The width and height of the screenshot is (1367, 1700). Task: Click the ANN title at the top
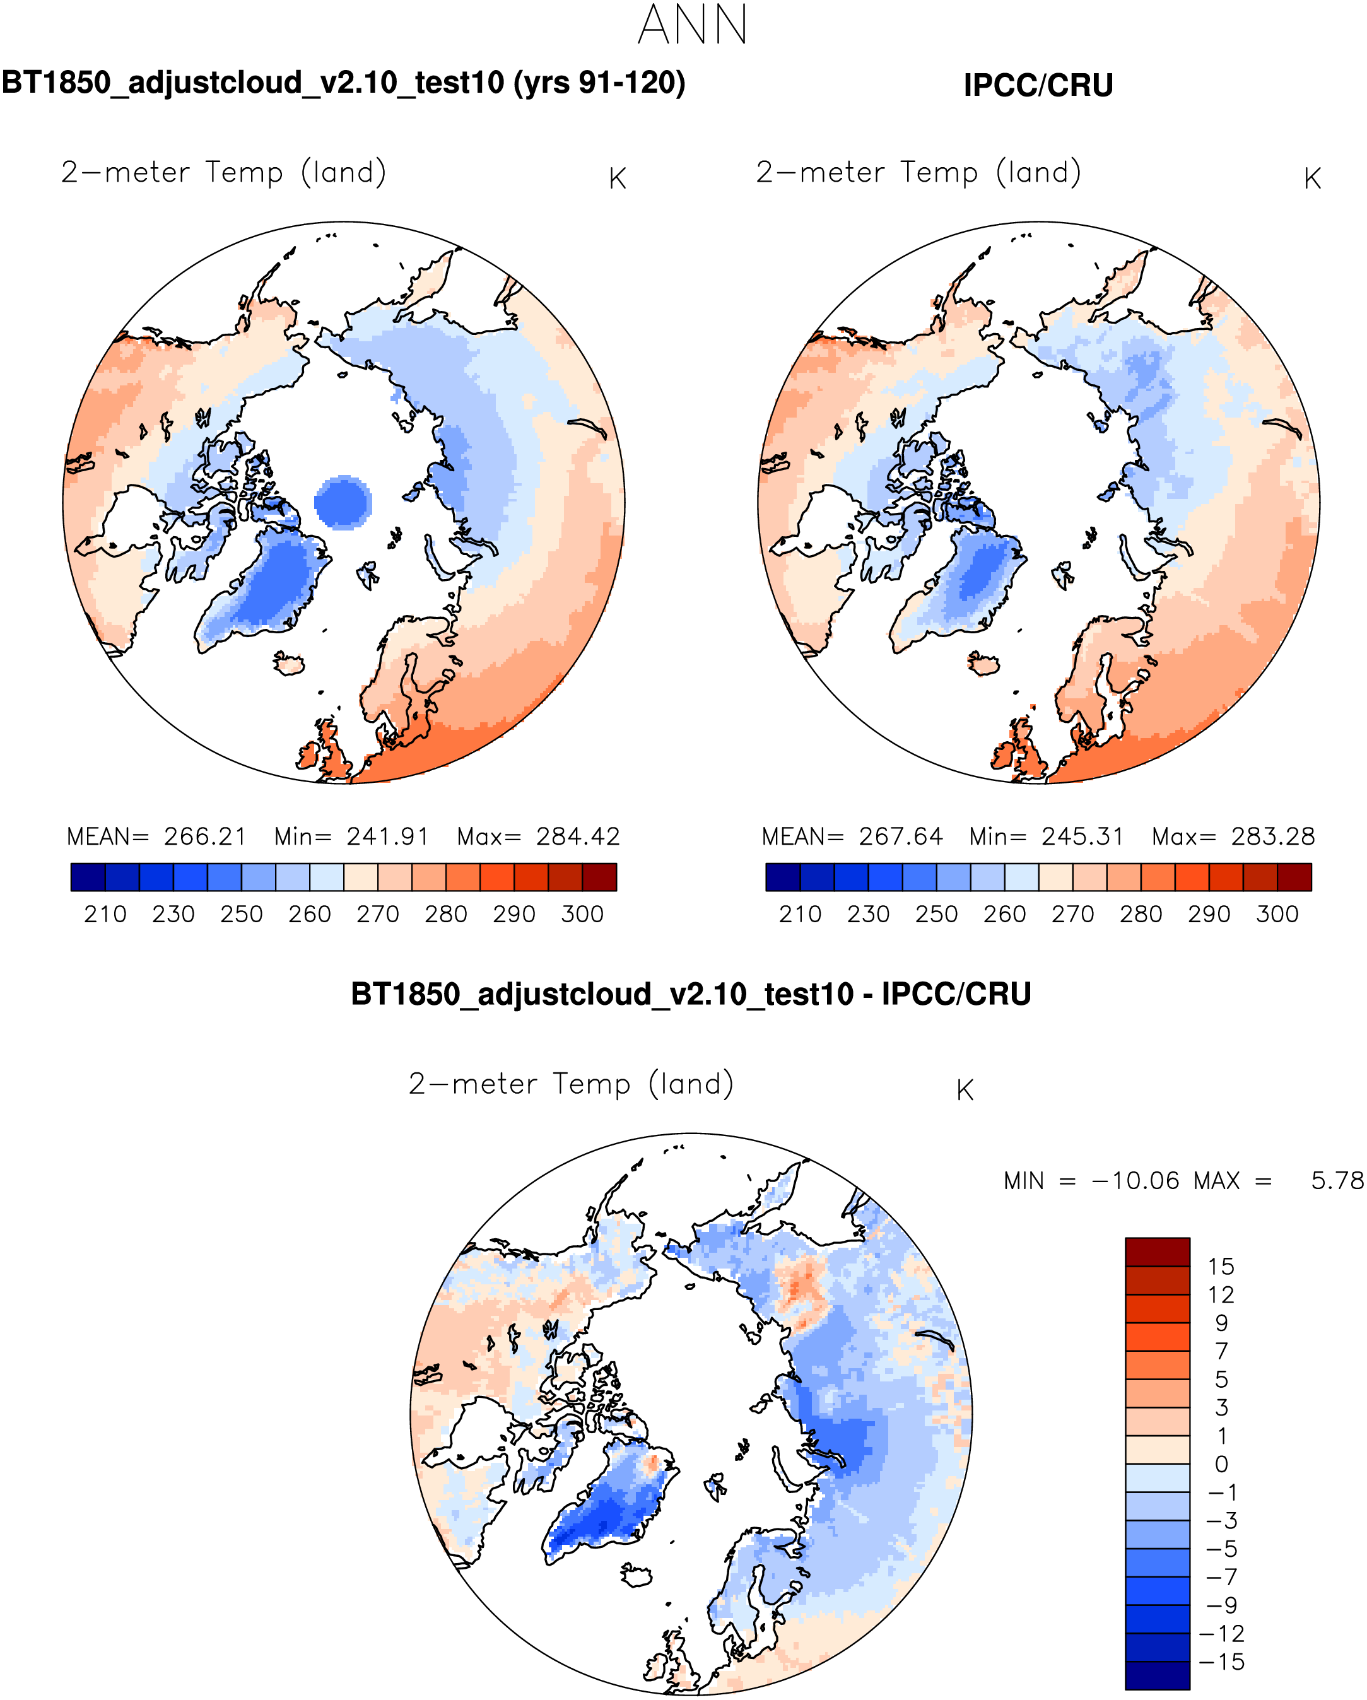692,25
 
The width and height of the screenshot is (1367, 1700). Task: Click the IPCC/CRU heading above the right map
1038,85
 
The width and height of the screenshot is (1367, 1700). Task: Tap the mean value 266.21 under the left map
205,836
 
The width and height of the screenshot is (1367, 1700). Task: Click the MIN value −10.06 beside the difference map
1135,1181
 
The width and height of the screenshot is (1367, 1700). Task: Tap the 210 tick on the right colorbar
800,915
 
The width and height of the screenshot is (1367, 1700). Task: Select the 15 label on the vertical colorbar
1221,1267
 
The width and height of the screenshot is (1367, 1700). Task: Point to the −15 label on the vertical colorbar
1221,1662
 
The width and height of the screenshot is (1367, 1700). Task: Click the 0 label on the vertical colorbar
1221,1464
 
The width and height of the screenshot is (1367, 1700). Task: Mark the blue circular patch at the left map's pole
343,502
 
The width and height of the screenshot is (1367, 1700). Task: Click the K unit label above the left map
618,180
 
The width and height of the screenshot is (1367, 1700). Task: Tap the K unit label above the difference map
965,1091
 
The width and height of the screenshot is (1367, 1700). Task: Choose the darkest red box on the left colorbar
599,877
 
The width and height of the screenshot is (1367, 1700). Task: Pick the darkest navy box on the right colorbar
783,877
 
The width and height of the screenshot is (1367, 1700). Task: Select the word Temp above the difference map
591,1084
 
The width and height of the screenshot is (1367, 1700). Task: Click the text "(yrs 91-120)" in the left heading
599,83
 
